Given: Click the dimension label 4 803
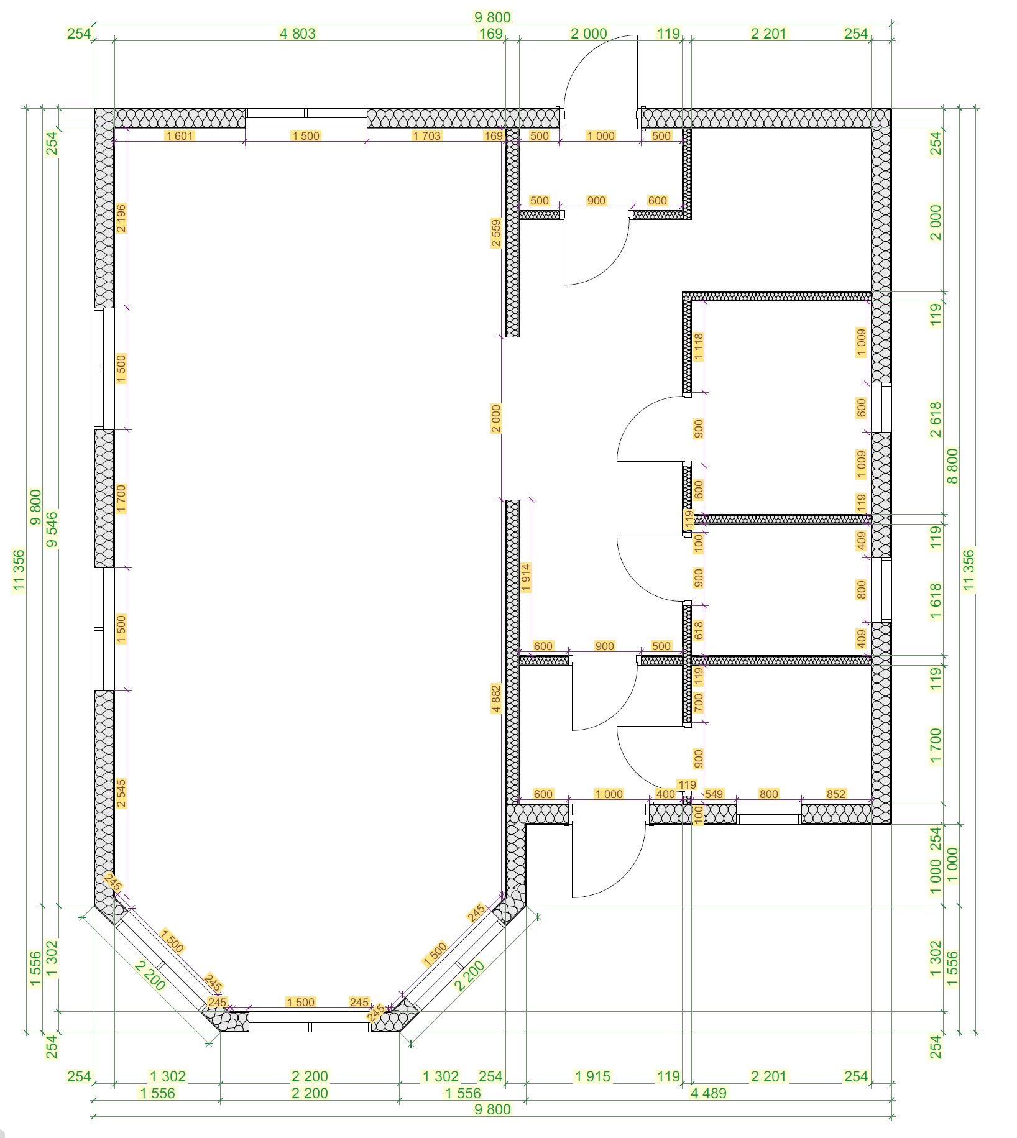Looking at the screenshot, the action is tap(298, 34).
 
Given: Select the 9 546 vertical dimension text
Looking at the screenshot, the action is tap(52, 529).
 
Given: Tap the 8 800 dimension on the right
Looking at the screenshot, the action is tap(952, 466).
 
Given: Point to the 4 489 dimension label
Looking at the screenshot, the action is tap(708, 1093).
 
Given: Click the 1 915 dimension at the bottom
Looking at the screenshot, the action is tap(592, 1076).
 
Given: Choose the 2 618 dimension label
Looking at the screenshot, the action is tap(936, 419).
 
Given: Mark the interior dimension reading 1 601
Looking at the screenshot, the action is tap(180, 135).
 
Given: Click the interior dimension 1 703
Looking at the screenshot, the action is tap(427, 135).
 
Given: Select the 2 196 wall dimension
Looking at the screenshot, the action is tap(121, 218).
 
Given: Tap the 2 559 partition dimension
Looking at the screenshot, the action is tap(496, 233).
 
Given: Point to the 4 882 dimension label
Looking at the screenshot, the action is tap(496, 699).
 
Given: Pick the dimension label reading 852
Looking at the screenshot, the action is tap(836, 794).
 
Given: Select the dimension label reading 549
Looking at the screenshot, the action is tap(714, 794).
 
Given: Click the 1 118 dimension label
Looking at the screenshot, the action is tap(698, 347).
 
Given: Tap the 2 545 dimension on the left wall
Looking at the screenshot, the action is tap(121, 794).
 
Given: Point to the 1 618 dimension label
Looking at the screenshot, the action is tap(936, 602).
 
